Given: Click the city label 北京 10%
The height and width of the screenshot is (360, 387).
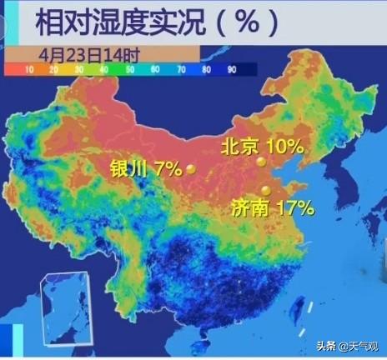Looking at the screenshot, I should (262, 147).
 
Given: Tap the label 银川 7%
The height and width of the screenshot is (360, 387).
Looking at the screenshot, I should (146, 169).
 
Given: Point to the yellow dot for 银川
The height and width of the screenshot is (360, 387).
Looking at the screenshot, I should (191, 169).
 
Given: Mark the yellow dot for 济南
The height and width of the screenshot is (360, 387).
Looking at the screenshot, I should (266, 190).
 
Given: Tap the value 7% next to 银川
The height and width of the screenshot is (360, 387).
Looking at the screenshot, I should (168, 169).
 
